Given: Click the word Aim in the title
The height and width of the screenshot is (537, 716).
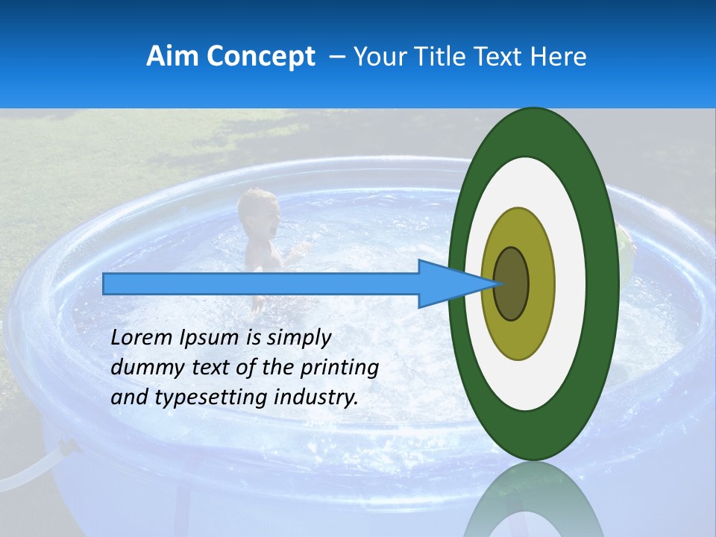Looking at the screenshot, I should pos(170,57).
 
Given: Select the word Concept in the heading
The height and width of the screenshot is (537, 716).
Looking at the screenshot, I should pos(259,57).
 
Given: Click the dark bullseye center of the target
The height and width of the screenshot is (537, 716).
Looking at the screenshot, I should pos(512,283).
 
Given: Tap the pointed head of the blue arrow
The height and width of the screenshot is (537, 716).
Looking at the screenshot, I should pos(455,283).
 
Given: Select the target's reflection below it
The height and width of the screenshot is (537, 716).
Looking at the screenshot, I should pos(533,503).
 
